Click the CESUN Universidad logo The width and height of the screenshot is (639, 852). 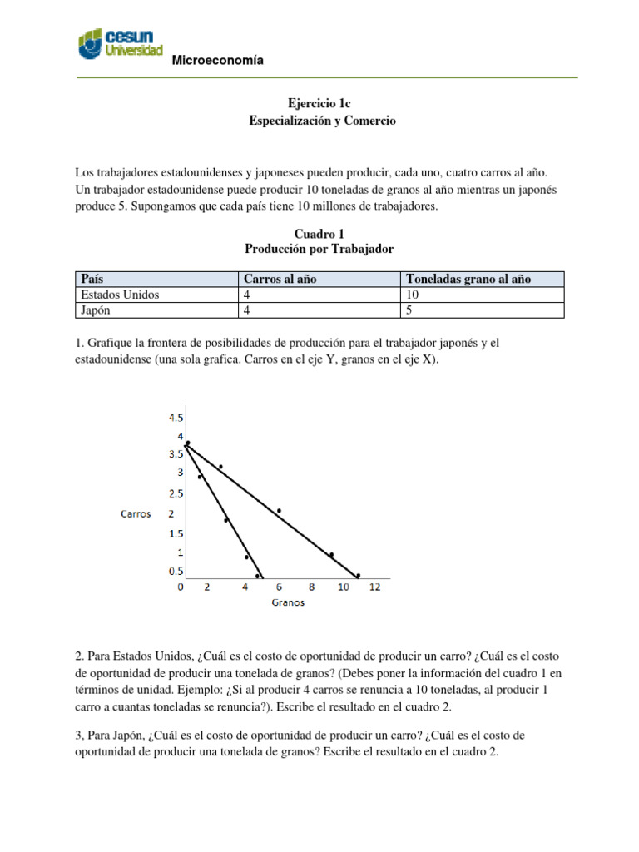point(120,44)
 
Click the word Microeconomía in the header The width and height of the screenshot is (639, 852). point(216,60)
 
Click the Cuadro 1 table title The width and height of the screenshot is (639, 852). point(319,235)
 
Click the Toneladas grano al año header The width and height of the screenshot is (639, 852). point(468,279)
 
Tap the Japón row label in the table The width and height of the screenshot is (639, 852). point(96,310)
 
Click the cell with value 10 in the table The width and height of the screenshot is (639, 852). point(414,294)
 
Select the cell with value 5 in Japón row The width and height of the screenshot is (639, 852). point(410,310)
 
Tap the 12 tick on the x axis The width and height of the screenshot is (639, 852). point(374,587)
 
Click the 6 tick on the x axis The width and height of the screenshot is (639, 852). point(278,587)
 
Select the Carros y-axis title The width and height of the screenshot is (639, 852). point(135,513)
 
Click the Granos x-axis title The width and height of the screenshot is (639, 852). point(288,603)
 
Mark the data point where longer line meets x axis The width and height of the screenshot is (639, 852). point(358,576)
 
